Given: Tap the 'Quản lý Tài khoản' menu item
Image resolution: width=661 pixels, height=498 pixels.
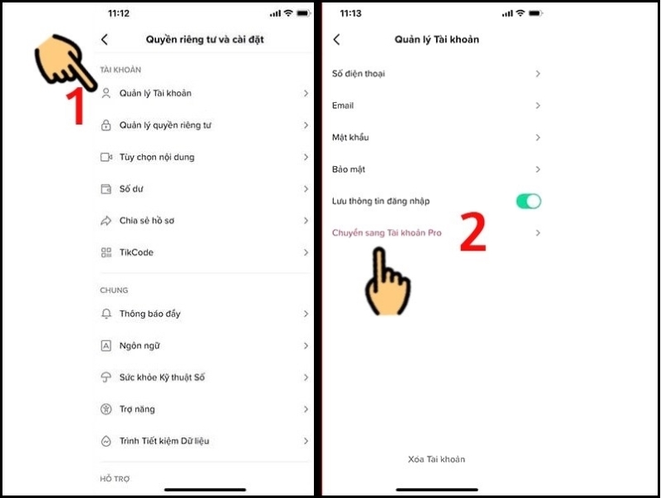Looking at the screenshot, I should (x=155, y=94).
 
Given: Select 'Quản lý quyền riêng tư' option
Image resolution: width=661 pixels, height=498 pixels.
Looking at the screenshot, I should (x=165, y=125).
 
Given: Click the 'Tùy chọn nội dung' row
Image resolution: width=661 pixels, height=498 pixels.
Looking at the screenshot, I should (x=156, y=157).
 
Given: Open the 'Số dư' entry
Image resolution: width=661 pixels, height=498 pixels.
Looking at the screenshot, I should (x=131, y=189).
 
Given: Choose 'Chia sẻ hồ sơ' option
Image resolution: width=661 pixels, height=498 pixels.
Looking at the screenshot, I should (x=146, y=221).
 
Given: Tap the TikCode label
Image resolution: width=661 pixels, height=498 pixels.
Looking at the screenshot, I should (x=136, y=252).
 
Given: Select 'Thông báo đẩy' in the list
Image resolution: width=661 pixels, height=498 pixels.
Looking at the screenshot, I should (x=149, y=314).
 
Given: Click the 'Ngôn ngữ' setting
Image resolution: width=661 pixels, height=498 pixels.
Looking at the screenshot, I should (x=139, y=345).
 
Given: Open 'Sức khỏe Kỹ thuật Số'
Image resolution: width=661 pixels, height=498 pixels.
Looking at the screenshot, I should (x=161, y=378).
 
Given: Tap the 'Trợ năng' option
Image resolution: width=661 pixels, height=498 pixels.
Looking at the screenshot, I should (x=136, y=409).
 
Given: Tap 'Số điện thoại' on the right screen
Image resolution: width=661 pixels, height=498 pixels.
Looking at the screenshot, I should (x=358, y=74).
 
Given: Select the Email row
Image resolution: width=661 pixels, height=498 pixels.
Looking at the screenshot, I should (x=343, y=105).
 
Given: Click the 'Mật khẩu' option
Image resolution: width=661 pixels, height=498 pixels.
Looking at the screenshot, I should (x=350, y=138).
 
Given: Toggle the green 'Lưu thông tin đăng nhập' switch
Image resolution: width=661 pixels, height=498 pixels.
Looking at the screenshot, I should (x=528, y=201).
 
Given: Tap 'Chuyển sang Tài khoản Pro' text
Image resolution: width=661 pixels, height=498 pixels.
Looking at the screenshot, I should (x=386, y=233).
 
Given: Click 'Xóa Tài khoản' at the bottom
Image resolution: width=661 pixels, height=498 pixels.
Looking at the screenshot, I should (x=436, y=459).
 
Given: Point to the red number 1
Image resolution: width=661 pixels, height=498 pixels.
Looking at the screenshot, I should (x=76, y=106).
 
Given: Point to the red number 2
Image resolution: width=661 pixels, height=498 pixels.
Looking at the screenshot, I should (x=472, y=234).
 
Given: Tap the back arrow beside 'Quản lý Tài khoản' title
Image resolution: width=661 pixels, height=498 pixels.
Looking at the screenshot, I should (x=336, y=40).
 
